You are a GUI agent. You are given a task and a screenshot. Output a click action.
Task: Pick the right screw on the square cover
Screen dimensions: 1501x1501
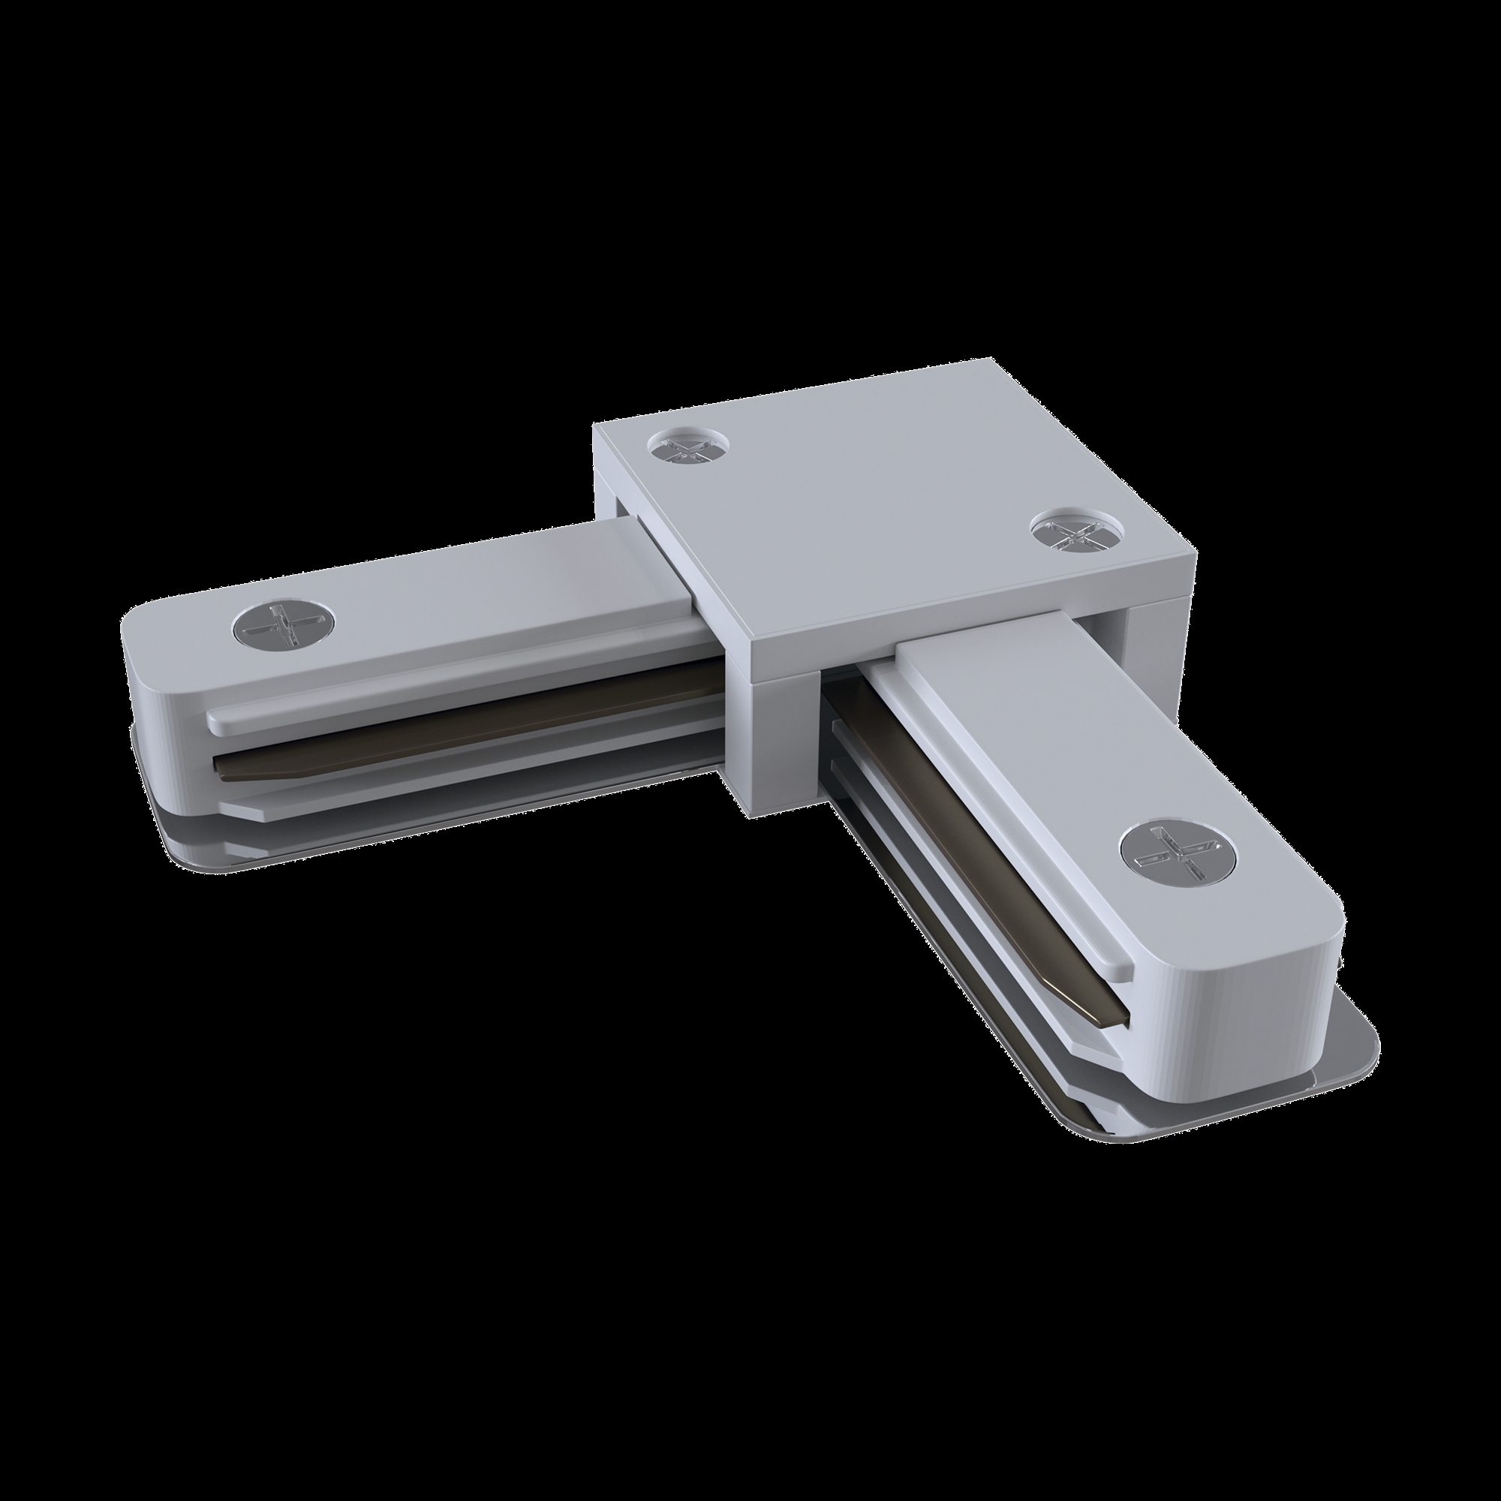tap(1077, 534)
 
